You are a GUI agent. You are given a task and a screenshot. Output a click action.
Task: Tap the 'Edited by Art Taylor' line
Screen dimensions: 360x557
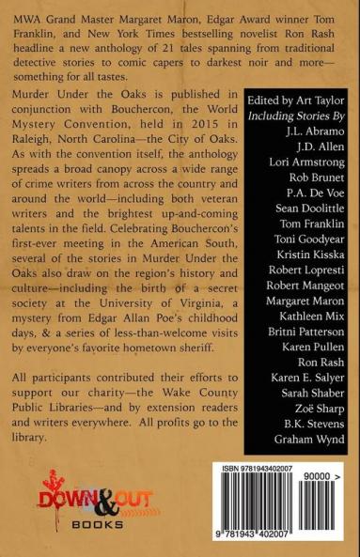tap(290, 101)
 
